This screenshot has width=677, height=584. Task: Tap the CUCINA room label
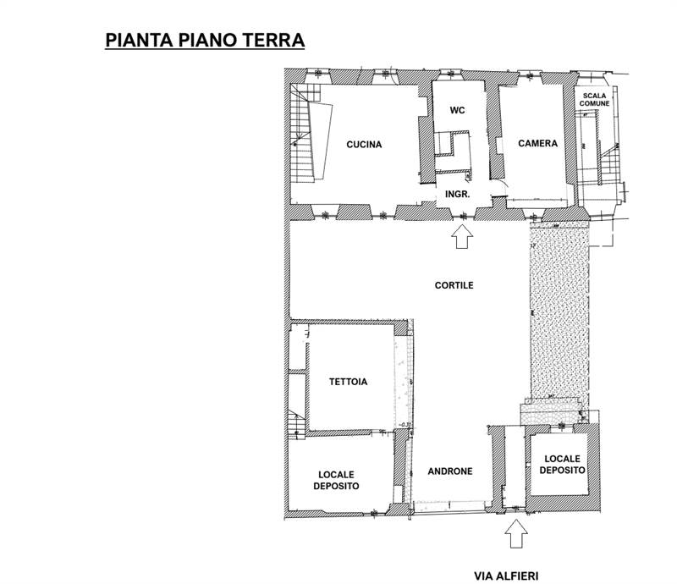[364, 144]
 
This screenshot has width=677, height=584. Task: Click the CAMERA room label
[538, 144]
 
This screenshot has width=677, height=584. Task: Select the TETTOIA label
[347, 382]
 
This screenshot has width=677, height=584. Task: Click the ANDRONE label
[449, 471]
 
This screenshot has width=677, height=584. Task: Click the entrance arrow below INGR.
[461, 238]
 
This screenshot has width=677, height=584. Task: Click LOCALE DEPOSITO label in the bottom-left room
[338, 480]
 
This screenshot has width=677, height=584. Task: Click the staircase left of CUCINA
[304, 140]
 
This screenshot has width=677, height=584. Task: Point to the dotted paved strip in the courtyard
[556, 313]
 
